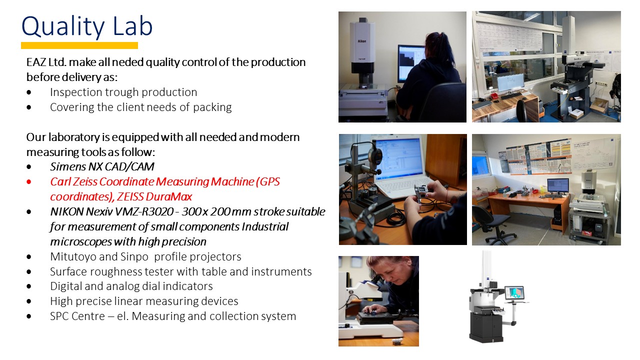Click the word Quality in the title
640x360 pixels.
[63, 27]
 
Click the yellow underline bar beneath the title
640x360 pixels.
[79, 45]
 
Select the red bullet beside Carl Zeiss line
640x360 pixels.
[29, 181]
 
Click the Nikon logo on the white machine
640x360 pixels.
[362, 41]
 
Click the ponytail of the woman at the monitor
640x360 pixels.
[440, 45]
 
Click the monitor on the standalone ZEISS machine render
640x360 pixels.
[514, 293]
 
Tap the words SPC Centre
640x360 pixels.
[77, 316]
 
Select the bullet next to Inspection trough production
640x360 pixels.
[29, 92]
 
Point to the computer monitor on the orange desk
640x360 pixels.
[558, 185]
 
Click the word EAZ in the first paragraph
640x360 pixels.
[36, 62]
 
